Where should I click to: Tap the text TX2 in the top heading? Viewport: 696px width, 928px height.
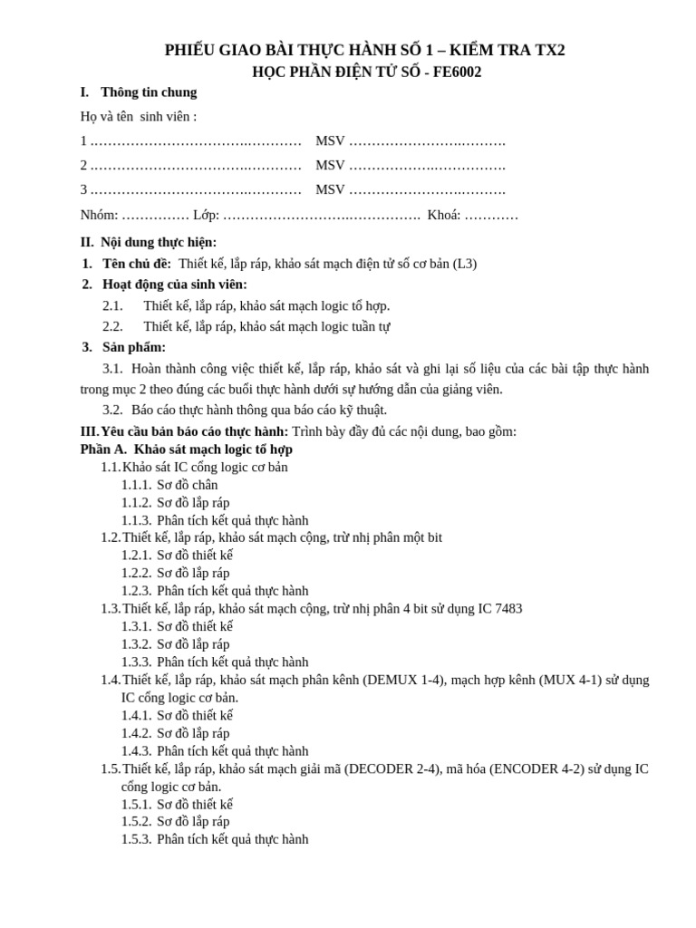tap(546, 51)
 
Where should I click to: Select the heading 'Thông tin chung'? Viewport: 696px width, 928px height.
tap(149, 92)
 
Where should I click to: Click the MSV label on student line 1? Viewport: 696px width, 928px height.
tap(330, 141)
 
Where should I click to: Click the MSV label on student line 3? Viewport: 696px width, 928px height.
tap(330, 190)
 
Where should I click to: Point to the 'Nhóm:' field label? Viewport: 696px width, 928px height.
tap(100, 216)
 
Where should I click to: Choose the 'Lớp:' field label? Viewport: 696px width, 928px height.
tap(207, 216)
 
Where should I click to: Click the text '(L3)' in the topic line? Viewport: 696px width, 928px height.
tap(465, 264)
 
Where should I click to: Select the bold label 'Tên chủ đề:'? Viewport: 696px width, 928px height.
tap(137, 264)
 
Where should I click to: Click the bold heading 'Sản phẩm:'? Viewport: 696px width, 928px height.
tap(134, 347)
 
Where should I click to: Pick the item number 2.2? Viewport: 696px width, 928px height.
tap(112, 326)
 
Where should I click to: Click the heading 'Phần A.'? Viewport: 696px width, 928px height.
tap(103, 449)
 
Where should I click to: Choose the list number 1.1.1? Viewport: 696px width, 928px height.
tap(137, 485)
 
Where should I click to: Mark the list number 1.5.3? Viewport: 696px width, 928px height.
tap(137, 839)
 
